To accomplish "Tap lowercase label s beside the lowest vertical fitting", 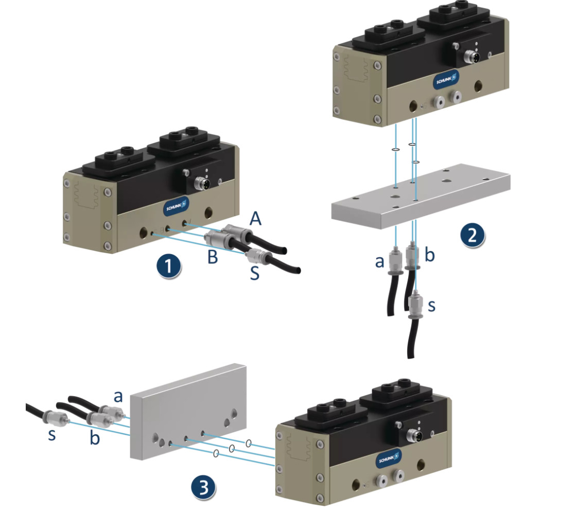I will (x=431, y=305).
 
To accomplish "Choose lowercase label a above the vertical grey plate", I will (x=118, y=397).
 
